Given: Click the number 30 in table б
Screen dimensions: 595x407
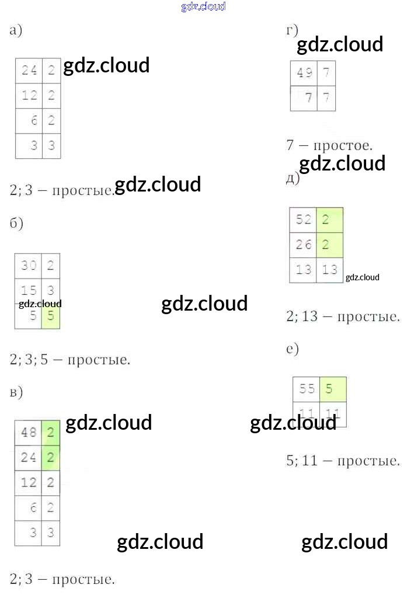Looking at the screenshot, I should (29, 266).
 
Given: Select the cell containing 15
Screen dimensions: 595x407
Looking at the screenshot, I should (29, 290).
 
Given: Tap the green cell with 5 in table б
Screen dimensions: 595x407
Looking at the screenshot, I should (51, 316).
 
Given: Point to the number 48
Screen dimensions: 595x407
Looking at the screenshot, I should (29, 433).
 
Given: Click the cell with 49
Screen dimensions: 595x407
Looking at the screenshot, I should (304, 73).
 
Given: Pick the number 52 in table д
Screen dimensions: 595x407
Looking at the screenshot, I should (304, 220).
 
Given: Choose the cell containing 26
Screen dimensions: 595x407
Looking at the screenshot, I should (304, 245).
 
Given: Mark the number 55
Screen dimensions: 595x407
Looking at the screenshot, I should (307, 389).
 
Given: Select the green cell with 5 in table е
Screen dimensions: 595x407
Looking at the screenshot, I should (333, 389).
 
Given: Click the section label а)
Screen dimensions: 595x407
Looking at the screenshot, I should (16, 31).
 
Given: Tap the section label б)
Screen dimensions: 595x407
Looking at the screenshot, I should (16, 224).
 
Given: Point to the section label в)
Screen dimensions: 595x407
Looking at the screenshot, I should (16, 392).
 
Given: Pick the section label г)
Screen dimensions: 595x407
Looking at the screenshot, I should (292, 30).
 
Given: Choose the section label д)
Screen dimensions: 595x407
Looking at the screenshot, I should (292, 178).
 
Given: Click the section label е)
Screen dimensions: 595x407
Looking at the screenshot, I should (293, 349).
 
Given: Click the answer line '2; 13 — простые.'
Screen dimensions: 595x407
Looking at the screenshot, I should (343, 316).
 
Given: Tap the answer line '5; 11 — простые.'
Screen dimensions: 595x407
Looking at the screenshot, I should (343, 461).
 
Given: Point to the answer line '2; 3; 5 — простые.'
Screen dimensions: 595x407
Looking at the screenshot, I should (69, 359).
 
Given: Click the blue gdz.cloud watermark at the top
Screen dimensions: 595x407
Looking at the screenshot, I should (203, 6).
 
